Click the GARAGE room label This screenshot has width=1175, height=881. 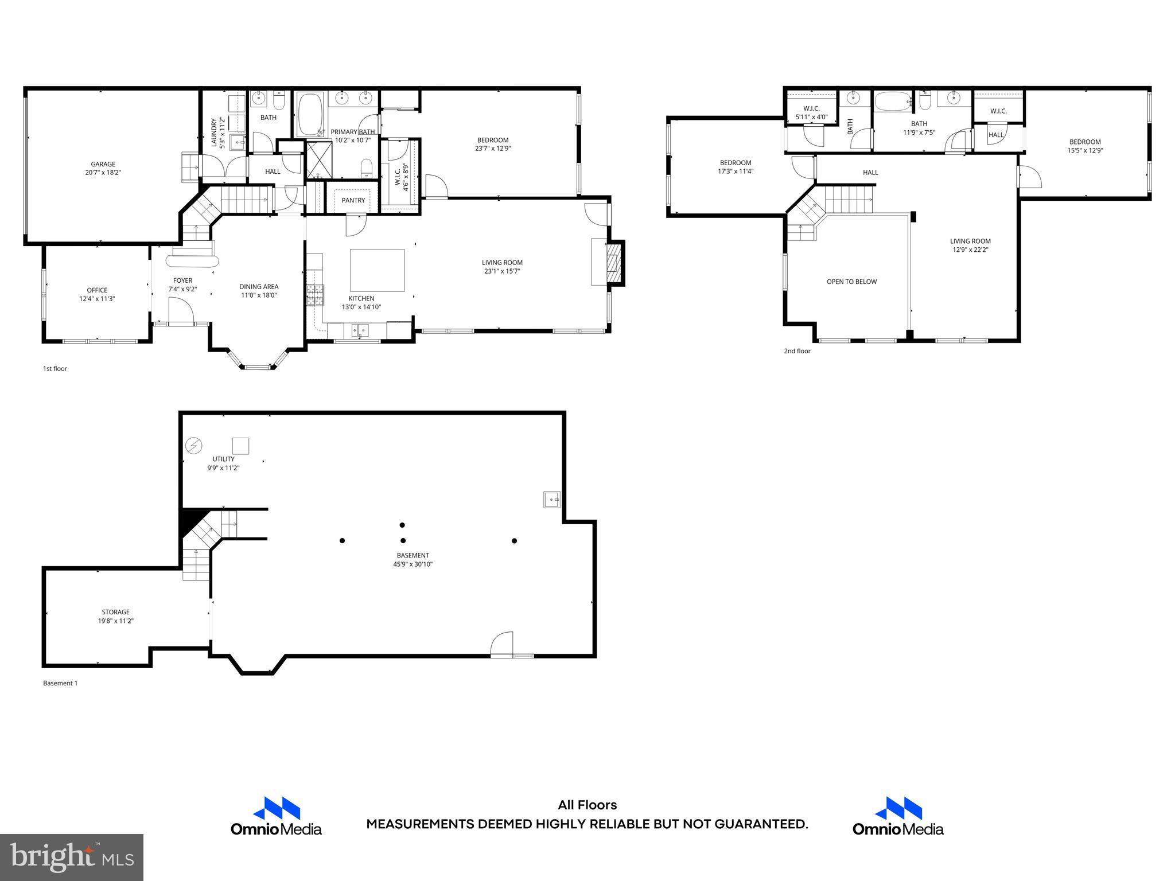coord(103,164)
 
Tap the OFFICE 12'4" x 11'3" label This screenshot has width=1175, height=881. coord(97,294)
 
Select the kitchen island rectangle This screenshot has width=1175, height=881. coord(377,270)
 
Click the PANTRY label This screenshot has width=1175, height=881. coord(353,200)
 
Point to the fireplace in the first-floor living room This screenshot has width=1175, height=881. coord(614,263)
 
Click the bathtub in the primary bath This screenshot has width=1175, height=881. coord(310,114)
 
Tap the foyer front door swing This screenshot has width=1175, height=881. coord(182,313)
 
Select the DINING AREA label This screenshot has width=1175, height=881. coord(259,287)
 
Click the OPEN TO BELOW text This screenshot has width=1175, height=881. coord(851,282)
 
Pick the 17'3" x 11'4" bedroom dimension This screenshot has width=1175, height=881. coord(736,171)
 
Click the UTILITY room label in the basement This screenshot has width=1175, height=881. coord(223,459)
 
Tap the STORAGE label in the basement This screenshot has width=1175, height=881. coord(115,612)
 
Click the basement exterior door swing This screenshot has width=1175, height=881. coord(501,643)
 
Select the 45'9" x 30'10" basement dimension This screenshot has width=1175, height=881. coord(413,564)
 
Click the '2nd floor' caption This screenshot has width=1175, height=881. coord(797,351)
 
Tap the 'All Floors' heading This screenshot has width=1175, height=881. coord(587,805)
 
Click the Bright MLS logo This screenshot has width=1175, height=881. coord(72,857)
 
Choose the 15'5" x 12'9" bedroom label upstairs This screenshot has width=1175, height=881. coord(1085,146)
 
